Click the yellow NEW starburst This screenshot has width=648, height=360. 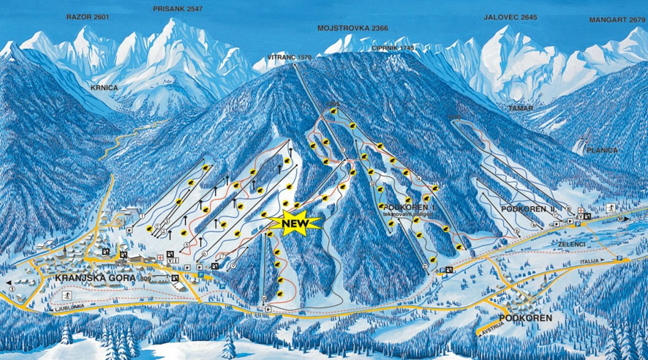(295, 222)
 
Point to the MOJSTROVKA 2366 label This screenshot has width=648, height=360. (353, 28)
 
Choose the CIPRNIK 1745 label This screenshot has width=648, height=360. (393, 48)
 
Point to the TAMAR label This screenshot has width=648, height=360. (521, 108)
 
